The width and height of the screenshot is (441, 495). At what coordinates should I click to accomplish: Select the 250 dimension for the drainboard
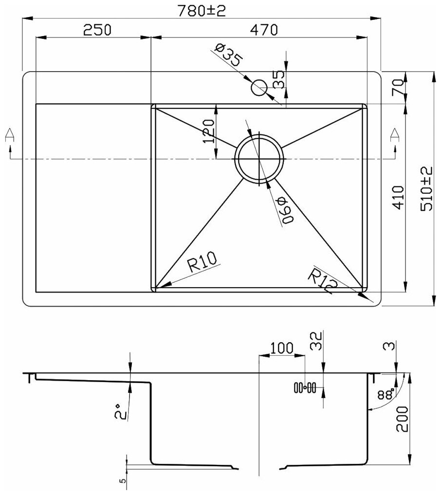[x=97, y=30]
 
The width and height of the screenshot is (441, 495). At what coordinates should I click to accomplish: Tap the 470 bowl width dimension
[x=263, y=30]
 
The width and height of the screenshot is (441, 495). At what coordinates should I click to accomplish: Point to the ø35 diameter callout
[x=227, y=55]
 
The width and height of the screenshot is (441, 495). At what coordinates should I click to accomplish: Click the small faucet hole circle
[x=259, y=89]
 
